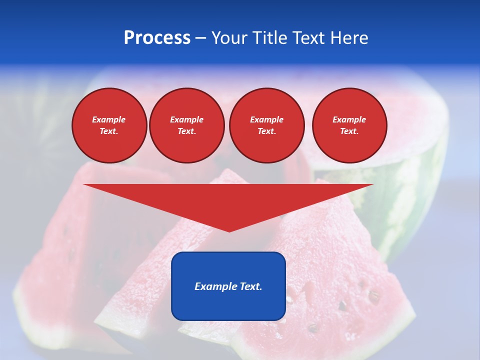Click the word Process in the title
tap(157, 38)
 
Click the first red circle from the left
tap(109, 125)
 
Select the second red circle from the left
tap(186, 125)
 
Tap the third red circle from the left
tap(266, 125)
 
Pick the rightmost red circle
tap(349, 125)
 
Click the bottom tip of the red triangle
tap(229, 230)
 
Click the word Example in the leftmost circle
tap(109, 119)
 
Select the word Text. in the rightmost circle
tap(349, 131)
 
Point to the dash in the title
tap(201, 38)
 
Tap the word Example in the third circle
tap(266, 119)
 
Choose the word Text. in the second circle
tap(186, 131)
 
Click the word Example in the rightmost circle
tap(349, 119)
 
